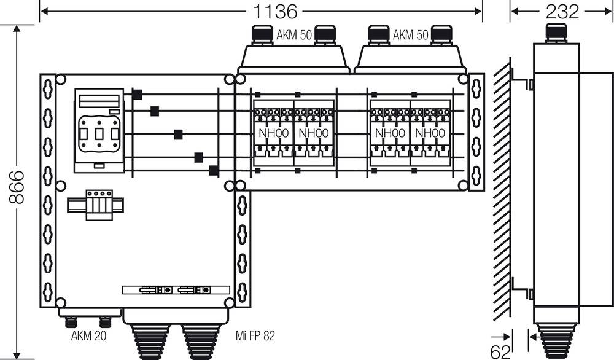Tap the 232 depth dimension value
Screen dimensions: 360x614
[x=561, y=11]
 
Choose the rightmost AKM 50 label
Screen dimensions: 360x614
[x=410, y=36]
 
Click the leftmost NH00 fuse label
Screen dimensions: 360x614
[x=272, y=133]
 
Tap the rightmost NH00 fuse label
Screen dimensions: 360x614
[x=428, y=133]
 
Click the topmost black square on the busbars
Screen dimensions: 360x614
[x=137, y=94]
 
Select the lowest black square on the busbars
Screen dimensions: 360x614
[x=214, y=171]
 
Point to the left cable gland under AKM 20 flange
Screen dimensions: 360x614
[x=71, y=321]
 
